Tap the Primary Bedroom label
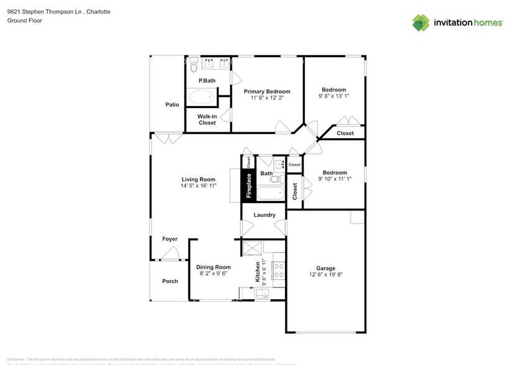(x=266, y=91)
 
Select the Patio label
(x=172, y=104)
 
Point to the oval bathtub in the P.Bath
(x=201, y=97)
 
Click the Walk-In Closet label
(x=207, y=119)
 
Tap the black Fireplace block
(x=249, y=185)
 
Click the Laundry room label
(x=265, y=215)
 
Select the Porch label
(x=170, y=281)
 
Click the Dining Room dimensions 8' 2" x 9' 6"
(x=214, y=273)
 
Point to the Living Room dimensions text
(x=198, y=186)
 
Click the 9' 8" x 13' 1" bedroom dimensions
(x=334, y=96)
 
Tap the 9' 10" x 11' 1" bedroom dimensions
(x=335, y=179)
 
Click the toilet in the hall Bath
(x=275, y=179)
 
